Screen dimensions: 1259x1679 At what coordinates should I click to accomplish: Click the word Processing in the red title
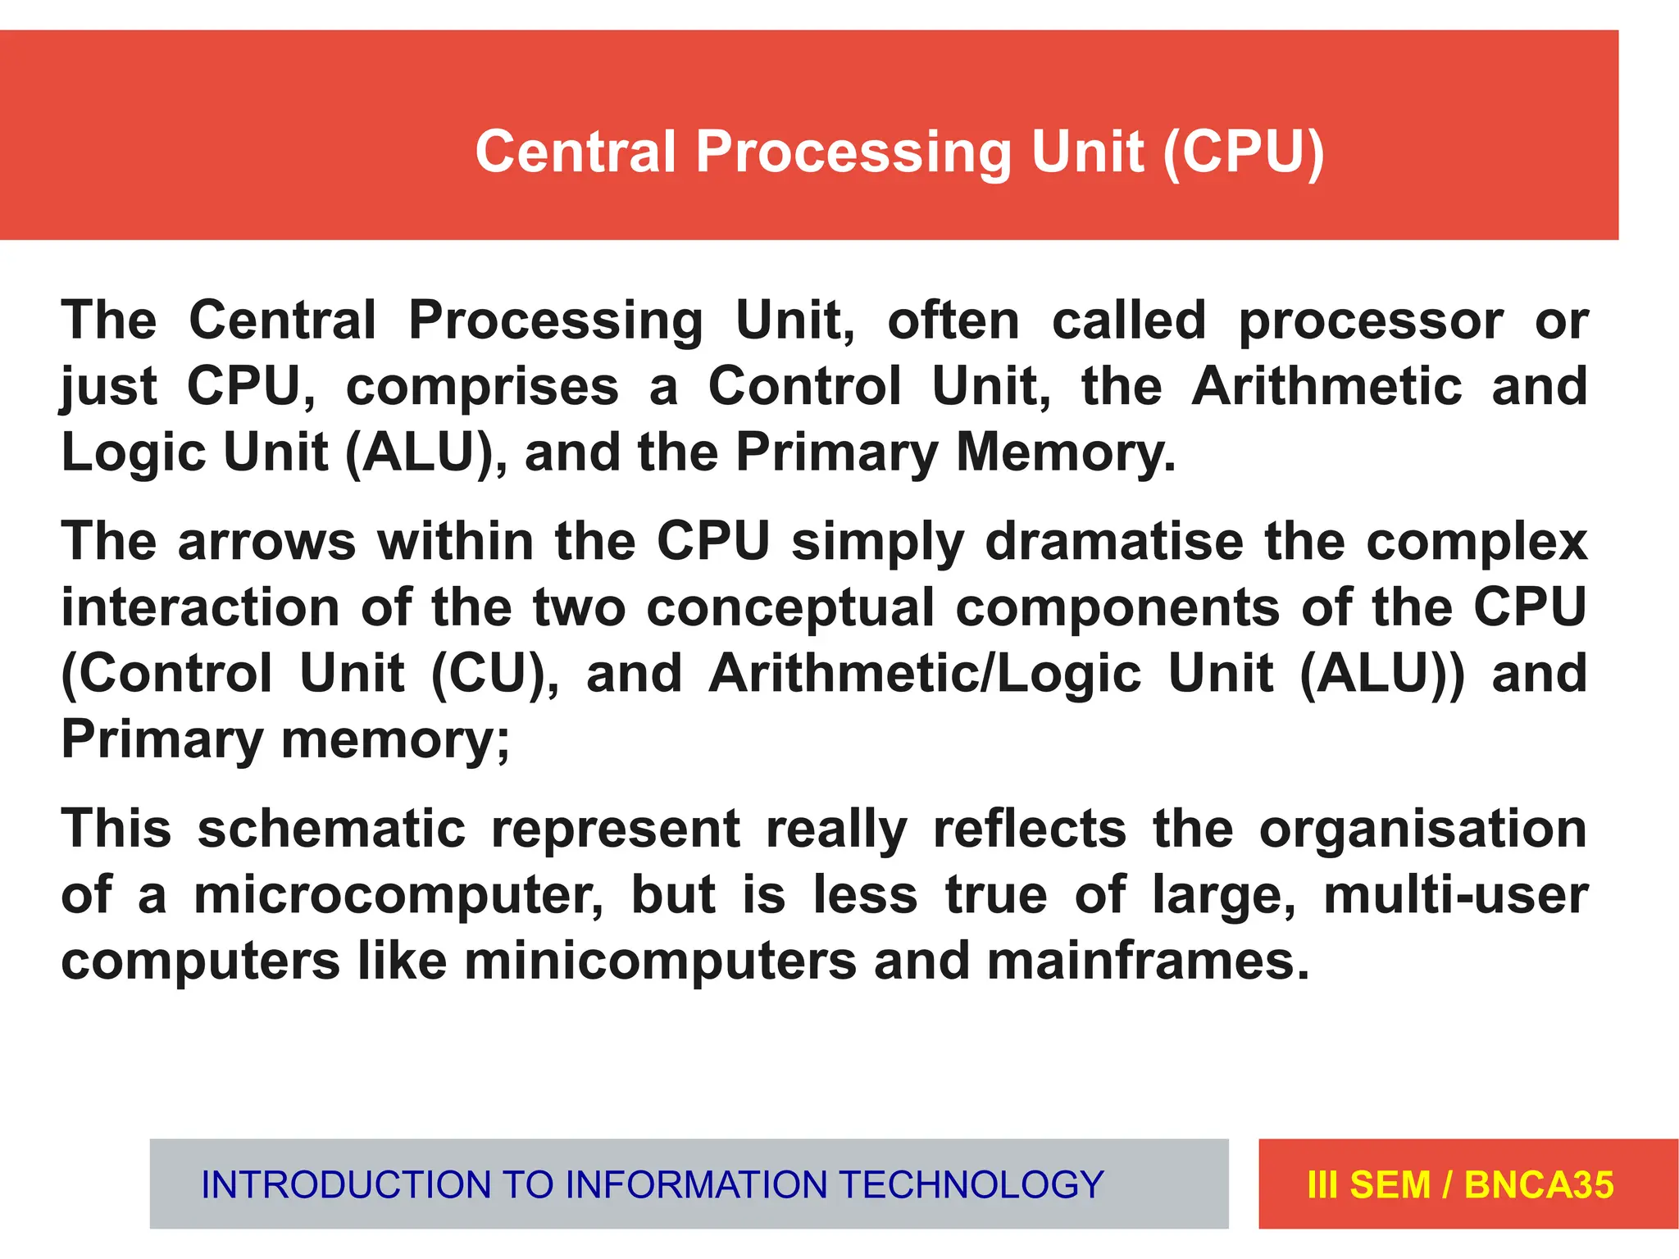(x=853, y=153)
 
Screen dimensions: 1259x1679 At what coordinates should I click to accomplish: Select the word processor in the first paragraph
(x=1371, y=320)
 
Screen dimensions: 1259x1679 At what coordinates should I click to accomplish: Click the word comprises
(x=482, y=387)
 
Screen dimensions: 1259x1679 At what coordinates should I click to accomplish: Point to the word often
(x=953, y=320)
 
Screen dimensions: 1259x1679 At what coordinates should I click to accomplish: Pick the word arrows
(x=266, y=542)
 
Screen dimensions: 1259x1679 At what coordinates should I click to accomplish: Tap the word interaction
(x=201, y=607)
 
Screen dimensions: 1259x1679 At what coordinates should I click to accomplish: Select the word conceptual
(x=790, y=609)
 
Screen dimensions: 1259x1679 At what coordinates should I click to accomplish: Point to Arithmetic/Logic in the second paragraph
(x=926, y=675)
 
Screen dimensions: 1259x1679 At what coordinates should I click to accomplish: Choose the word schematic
(x=331, y=829)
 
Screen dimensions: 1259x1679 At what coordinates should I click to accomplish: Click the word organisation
(x=1423, y=829)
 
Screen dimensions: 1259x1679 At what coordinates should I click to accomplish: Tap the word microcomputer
(x=398, y=894)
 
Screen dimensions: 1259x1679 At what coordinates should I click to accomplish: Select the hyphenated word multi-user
(x=1456, y=894)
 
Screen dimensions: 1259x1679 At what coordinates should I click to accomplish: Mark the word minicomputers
(x=660, y=961)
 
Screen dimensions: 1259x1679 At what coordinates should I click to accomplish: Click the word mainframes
(x=1148, y=961)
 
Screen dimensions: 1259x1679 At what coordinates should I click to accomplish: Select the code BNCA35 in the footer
(x=1539, y=1184)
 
